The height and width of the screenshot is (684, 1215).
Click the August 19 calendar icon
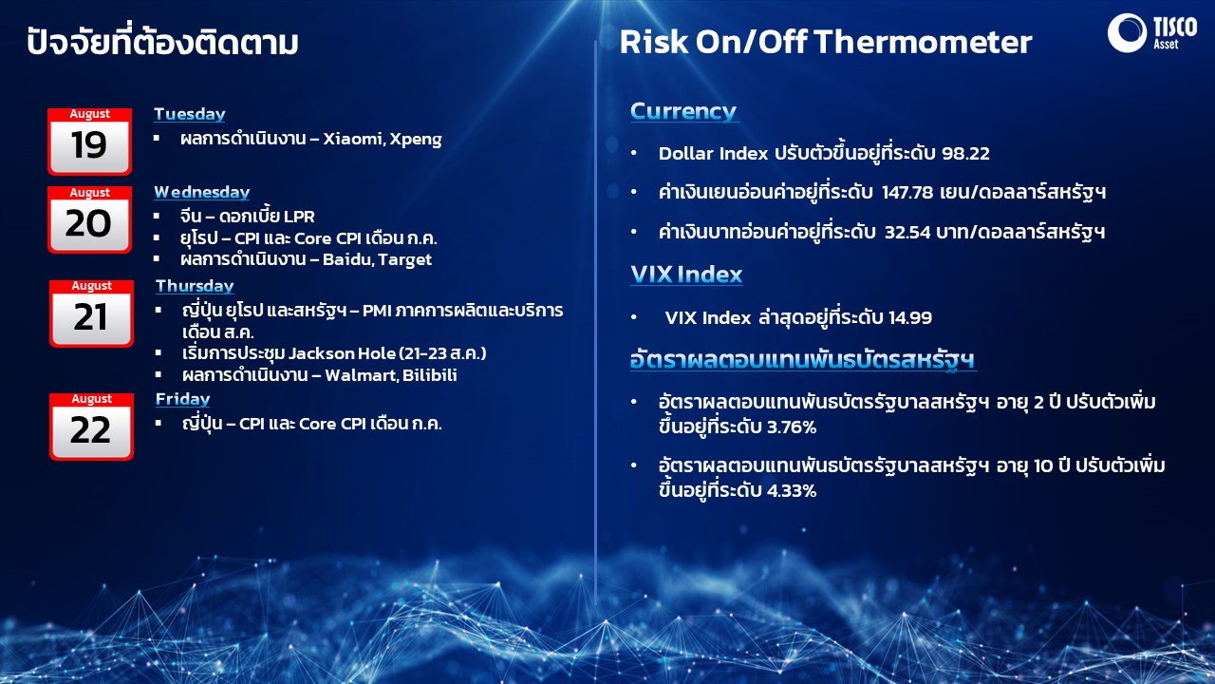tap(89, 142)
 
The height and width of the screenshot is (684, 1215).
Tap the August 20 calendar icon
tap(89, 219)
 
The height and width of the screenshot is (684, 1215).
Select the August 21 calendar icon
tap(92, 313)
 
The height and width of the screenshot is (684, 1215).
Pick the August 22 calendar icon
tap(92, 427)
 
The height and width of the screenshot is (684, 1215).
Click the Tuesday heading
tap(189, 114)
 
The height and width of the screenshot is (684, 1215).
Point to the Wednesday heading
tap(202, 192)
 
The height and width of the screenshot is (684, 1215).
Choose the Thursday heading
tap(195, 286)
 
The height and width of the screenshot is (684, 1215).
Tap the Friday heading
tap(183, 399)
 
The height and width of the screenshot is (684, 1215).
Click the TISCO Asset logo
tap(1152, 32)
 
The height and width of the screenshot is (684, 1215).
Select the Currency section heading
tap(683, 111)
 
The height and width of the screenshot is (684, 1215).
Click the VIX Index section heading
tap(686, 275)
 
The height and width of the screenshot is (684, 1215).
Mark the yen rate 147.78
tap(907, 192)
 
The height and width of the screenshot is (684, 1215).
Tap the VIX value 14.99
tap(910, 317)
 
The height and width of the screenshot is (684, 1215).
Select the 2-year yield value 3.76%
tap(792, 427)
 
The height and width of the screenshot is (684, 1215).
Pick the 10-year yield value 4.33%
tap(792, 491)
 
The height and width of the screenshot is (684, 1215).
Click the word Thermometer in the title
tap(923, 42)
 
